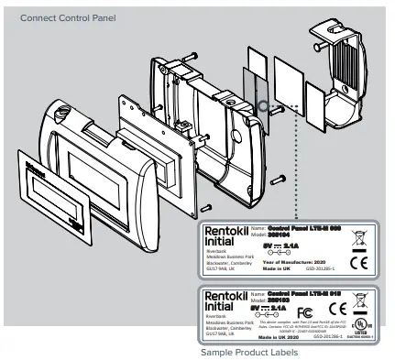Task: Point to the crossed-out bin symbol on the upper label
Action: click(361, 237)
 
